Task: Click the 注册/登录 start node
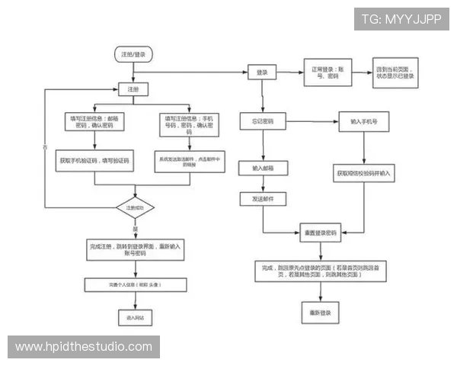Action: pyautogui.click(x=133, y=55)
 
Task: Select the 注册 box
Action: pyautogui.click(x=133, y=89)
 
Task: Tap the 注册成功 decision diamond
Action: pyautogui.click(x=136, y=207)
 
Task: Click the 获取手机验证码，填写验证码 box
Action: pyautogui.click(x=94, y=162)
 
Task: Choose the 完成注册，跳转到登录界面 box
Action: pyautogui.click(x=135, y=250)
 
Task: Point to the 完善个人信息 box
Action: pyautogui.click(x=135, y=284)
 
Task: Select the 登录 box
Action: pyautogui.click(x=262, y=72)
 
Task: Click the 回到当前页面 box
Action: pyautogui.click(x=395, y=72)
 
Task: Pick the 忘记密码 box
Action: pyautogui.click(x=262, y=122)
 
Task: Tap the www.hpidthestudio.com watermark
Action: pyautogui.click(x=84, y=348)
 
